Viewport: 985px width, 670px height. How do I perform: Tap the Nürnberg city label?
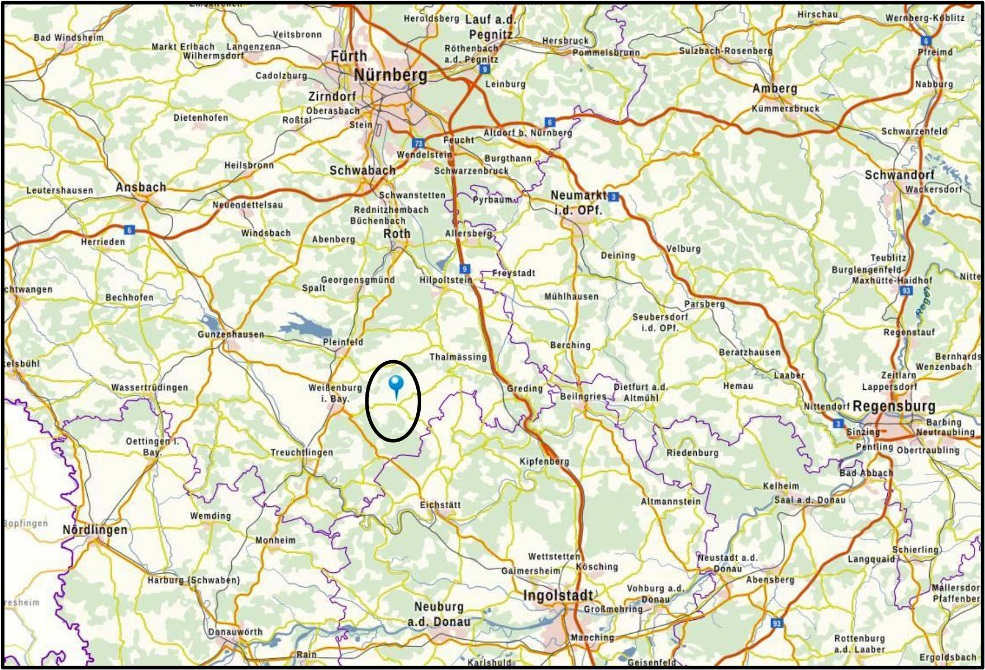tap(390, 75)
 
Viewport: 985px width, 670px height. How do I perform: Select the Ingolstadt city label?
tap(558, 596)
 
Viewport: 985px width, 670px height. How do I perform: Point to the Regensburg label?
tap(894, 406)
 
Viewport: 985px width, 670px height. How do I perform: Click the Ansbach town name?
tap(141, 187)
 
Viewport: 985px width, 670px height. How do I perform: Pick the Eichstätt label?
tap(440, 505)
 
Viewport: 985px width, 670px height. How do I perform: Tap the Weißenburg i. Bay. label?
tap(335, 393)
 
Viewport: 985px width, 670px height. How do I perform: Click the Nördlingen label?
tap(95, 529)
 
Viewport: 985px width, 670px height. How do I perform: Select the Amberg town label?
tap(774, 88)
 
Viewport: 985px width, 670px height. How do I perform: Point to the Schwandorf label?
tap(899, 175)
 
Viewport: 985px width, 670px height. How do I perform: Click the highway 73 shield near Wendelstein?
tap(417, 143)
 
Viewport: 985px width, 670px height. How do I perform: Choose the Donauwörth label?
tap(235, 632)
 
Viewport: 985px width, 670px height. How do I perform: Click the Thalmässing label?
tap(458, 357)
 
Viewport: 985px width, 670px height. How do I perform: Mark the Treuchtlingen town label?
tap(302, 452)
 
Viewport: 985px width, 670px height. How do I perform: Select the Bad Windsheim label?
tap(69, 37)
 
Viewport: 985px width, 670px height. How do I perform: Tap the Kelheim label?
tap(781, 486)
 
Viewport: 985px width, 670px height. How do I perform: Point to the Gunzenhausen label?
tap(231, 334)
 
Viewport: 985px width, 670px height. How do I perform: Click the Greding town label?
tap(525, 388)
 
